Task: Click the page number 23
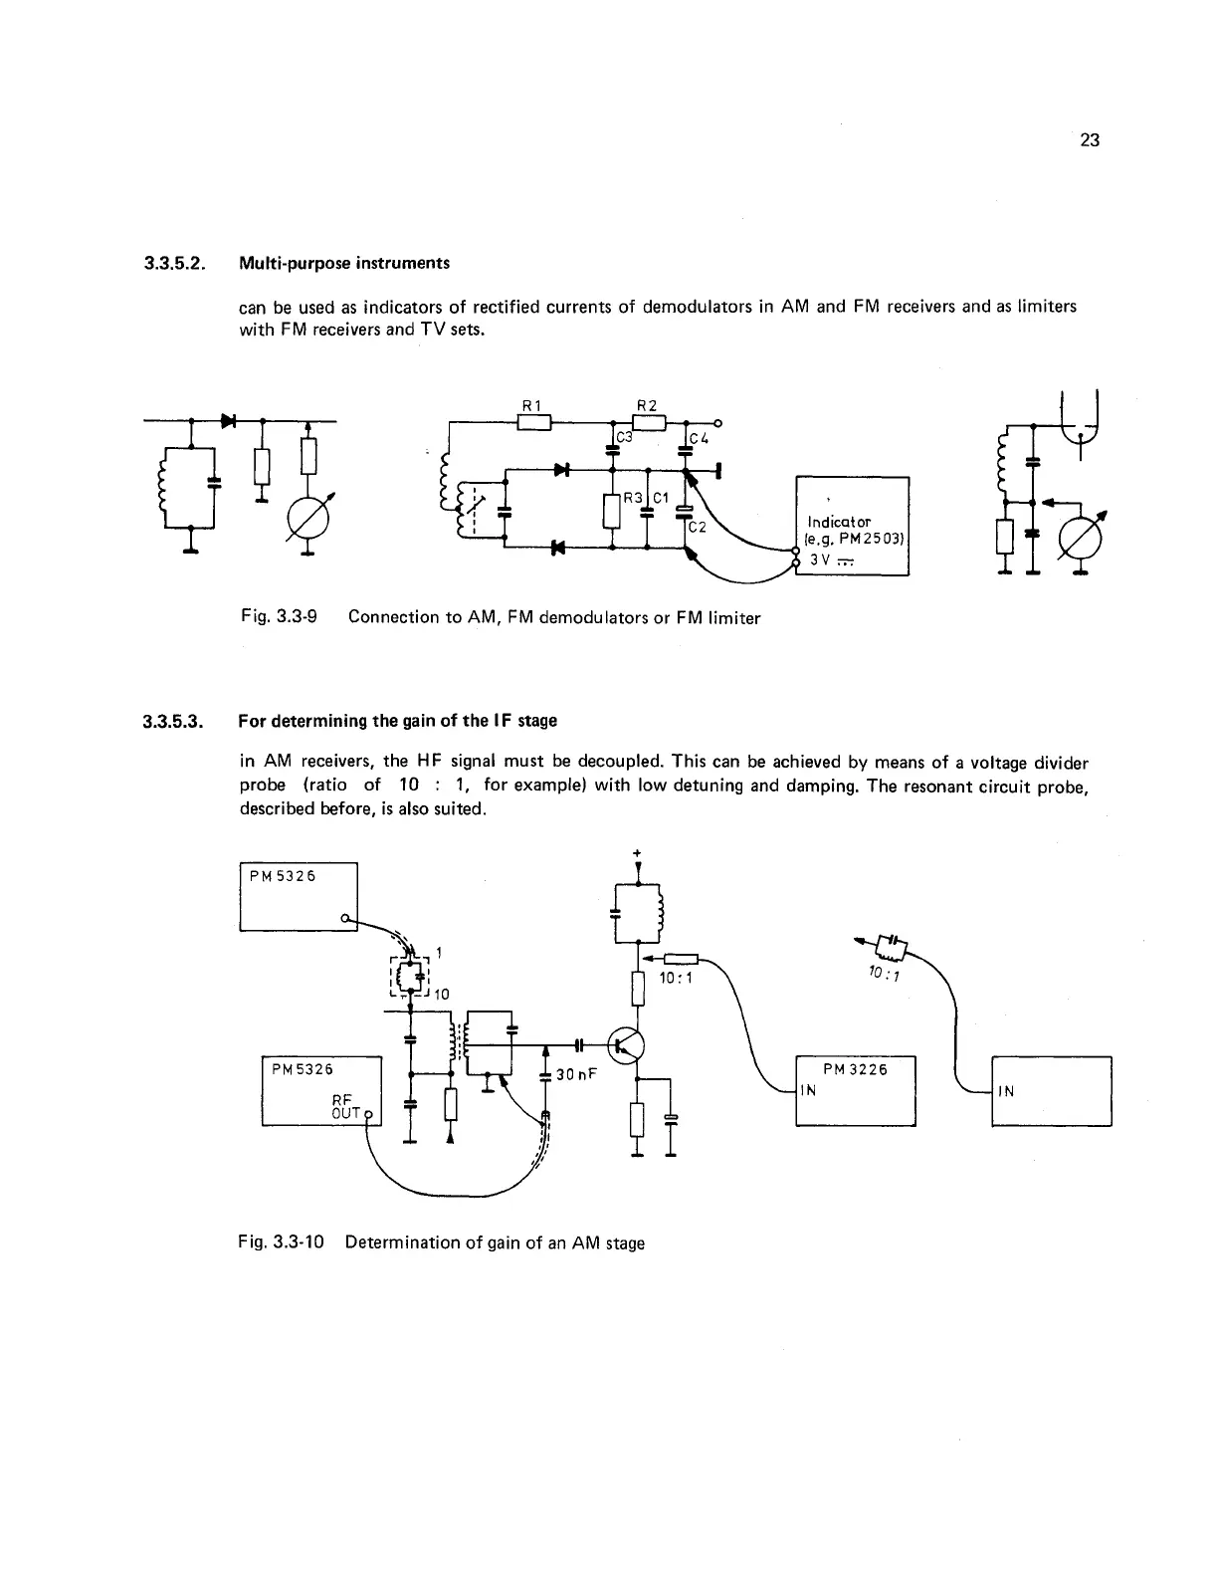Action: point(1089,140)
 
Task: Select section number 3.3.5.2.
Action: point(175,264)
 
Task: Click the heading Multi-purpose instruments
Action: point(344,264)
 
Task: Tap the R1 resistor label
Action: point(531,405)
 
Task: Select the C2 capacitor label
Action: point(698,528)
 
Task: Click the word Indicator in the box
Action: point(839,522)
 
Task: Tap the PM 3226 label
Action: point(856,1069)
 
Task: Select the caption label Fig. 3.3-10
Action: point(284,1242)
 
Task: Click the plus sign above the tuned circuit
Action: point(635,852)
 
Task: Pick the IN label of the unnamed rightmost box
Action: point(1006,1091)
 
